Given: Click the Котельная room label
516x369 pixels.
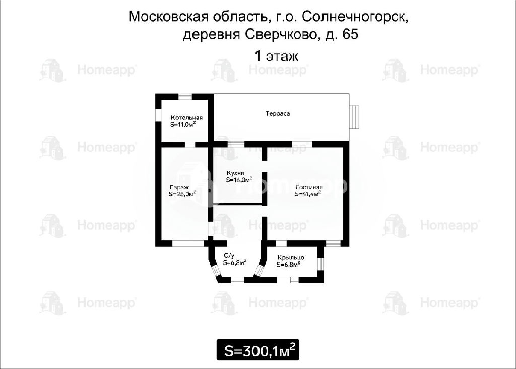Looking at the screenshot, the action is [x=186, y=118].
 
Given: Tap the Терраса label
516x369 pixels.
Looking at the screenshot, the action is [x=278, y=114].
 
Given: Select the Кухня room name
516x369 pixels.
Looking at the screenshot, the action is [x=235, y=173].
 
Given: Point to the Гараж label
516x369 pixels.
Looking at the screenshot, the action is [x=180, y=187].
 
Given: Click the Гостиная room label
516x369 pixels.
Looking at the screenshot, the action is [x=309, y=187].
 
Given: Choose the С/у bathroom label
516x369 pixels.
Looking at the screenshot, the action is [x=229, y=256].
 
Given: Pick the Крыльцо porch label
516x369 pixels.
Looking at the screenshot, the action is [x=291, y=257].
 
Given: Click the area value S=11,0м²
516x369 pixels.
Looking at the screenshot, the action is [x=183, y=124].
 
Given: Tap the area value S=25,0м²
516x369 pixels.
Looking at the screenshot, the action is [x=182, y=194].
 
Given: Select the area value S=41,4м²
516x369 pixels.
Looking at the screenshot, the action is [x=308, y=194].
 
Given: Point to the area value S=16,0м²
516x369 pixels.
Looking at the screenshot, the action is [x=239, y=180].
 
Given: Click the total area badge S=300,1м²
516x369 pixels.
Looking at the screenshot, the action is [x=258, y=350].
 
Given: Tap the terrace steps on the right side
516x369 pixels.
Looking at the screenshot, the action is [x=355, y=117].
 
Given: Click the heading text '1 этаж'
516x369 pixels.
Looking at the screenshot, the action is [x=277, y=56].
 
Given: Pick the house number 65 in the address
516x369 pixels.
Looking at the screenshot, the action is [x=350, y=34].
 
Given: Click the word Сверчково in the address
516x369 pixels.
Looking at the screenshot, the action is [x=281, y=35].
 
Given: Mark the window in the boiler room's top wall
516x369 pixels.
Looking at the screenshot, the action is [x=185, y=96].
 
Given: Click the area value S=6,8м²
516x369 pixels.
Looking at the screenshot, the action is [x=289, y=264].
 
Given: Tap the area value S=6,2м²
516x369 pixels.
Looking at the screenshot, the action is [x=235, y=262].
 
